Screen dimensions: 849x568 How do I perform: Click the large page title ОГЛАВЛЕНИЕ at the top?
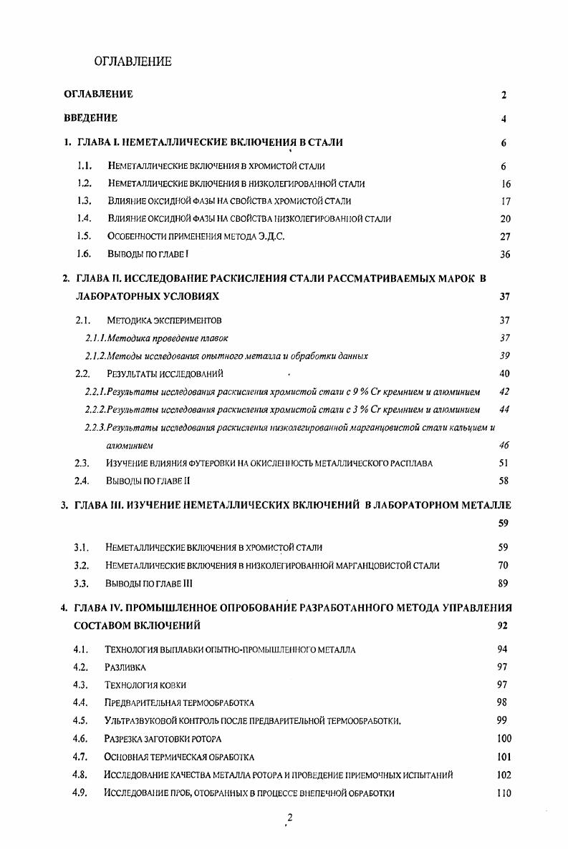click(133, 62)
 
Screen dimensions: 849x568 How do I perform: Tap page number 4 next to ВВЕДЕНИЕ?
click(504, 119)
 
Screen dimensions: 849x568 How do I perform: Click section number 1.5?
click(85, 236)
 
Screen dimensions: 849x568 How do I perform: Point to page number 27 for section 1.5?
click(506, 237)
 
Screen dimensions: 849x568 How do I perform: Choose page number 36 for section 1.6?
click(506, 254)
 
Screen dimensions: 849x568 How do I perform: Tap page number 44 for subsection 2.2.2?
click(504, 409)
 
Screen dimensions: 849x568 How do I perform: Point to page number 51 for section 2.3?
click(504, 463)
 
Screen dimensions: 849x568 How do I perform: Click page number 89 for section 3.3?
click(503, 583)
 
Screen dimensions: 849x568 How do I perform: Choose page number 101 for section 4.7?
click(504, 756)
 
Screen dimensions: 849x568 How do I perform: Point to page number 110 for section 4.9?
click(504, 792)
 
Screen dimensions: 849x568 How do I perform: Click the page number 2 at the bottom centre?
click(289, 818)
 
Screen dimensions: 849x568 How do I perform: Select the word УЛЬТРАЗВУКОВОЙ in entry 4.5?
click(146, 721)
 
